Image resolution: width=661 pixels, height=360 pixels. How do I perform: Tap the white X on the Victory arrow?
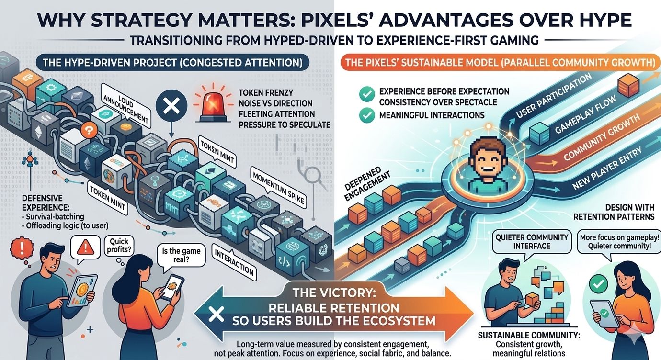click(217, 314)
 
